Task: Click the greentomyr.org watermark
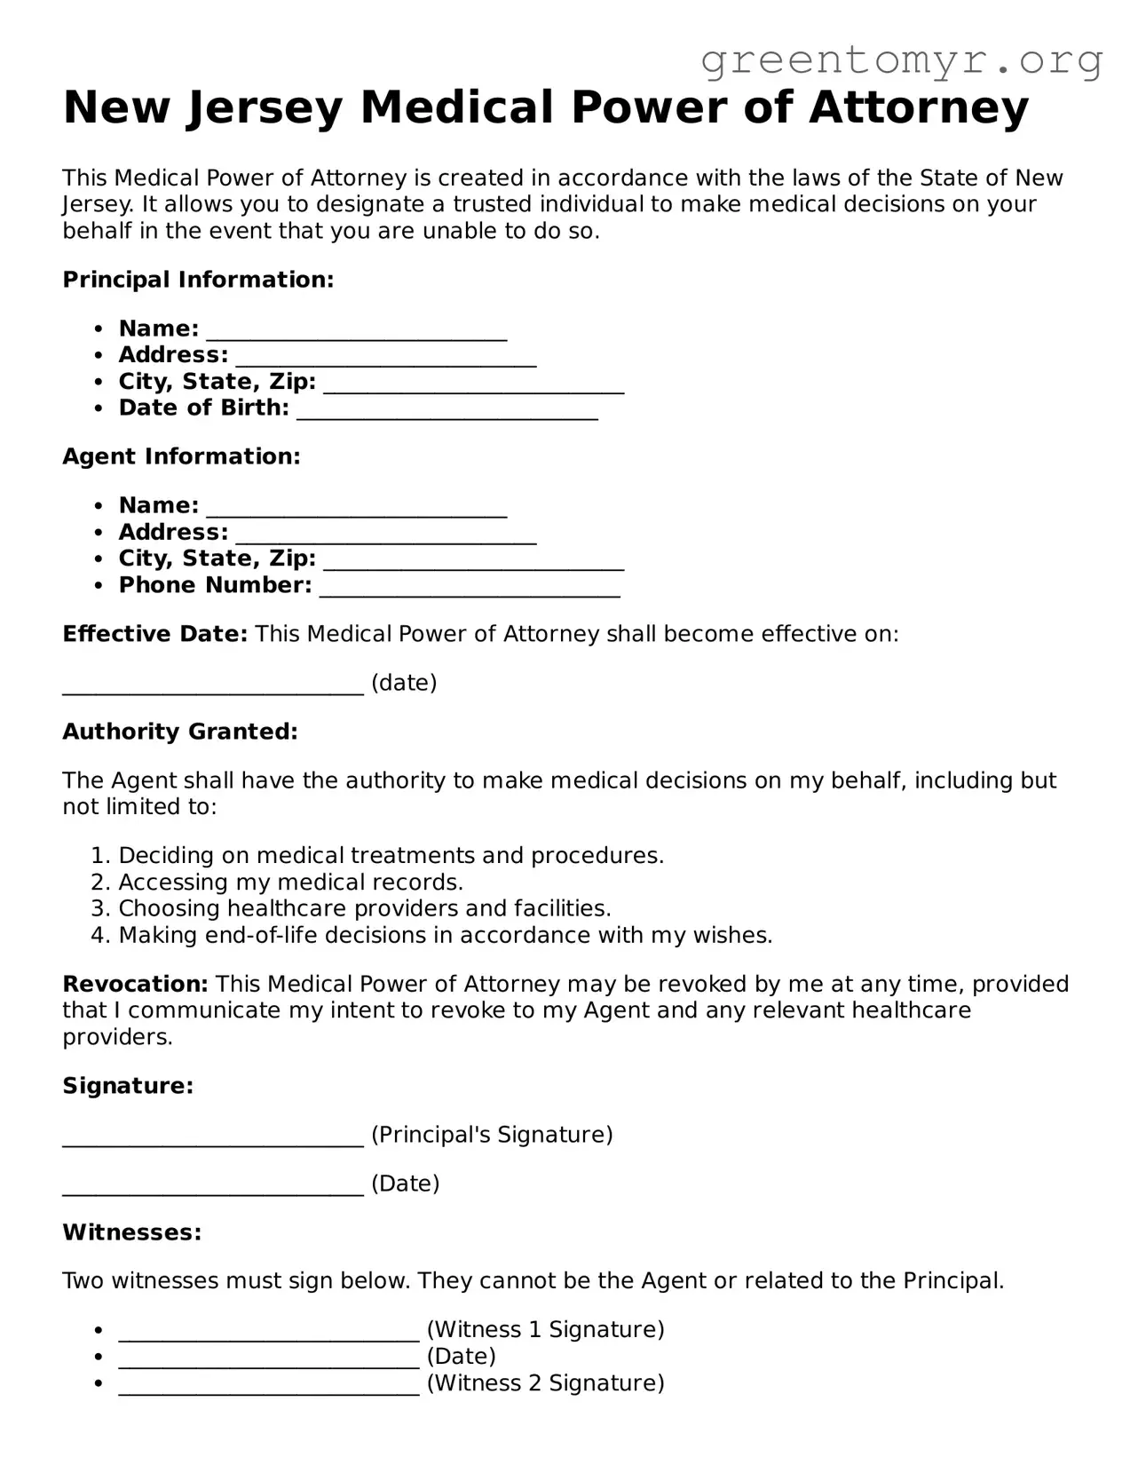(x=901, y=60)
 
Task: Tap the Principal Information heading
(x=198, y=280)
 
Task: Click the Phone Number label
(x=215, y=585)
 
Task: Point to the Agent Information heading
(x=181, y=456)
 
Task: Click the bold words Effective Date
(x=154, y=634)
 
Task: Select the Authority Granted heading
(x=180, y=732)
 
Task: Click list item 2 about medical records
(x=290, y=883)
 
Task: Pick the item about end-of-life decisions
(x=445, y=936)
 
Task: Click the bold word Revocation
(x=135, y=984)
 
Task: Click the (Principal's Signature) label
(x=492, y=1135)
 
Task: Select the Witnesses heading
(x=132, y=1232)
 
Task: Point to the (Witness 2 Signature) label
(x=545, y=1383)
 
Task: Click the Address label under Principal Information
(x=173, y=355)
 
